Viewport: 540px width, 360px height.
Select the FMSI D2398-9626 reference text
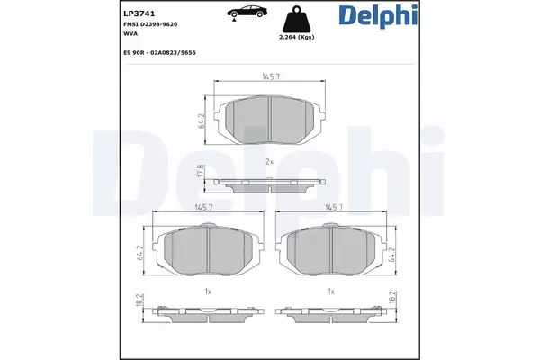(150, 24)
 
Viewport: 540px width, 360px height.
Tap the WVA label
(130, 34)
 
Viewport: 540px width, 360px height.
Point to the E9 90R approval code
(159, 53)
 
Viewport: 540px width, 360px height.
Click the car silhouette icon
(247, 12)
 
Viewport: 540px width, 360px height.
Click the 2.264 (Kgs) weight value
(296, 37)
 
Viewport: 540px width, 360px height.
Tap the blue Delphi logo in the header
(378, 15)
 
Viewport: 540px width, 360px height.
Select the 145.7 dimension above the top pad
(271, 76)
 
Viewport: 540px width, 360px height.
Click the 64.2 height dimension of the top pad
(201, 121)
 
